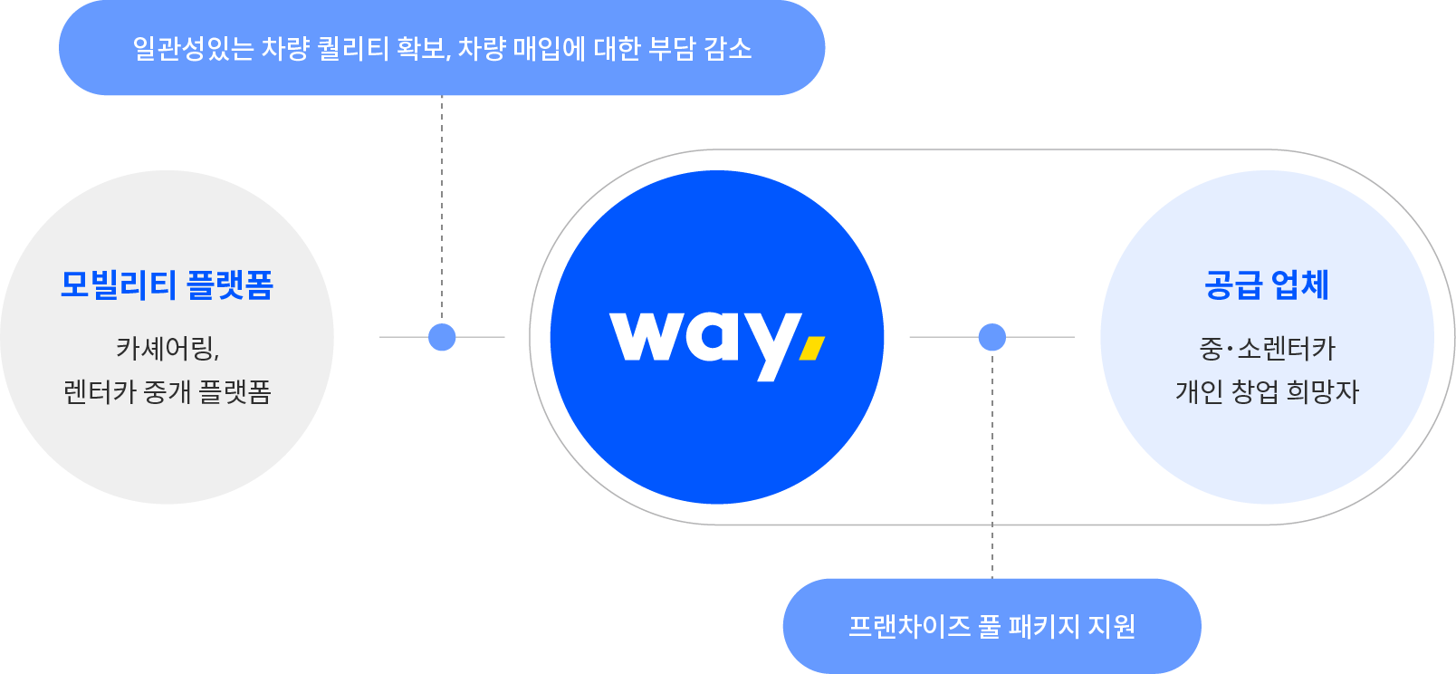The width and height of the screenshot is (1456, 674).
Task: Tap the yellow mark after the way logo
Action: (x=813, y=348)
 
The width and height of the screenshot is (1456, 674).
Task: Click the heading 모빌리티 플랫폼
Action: (x=168, y=285)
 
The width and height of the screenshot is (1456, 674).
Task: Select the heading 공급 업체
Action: (x=1267, y=285)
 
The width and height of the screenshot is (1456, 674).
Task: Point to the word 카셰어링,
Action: (x=168, y=348)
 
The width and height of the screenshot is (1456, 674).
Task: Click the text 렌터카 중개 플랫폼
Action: (x=168, y=392)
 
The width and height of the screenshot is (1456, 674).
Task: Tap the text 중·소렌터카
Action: (x=1267, y=348)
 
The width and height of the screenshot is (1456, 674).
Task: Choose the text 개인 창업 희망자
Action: (x=1267, y=392)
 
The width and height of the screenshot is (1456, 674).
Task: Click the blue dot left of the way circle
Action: (x=442, y=337)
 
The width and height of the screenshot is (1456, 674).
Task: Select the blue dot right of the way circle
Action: (x=992, y=337)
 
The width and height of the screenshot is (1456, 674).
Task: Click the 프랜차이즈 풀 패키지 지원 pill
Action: (x=991, y=626)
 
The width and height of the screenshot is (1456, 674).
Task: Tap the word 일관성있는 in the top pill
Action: (x=193, y=48)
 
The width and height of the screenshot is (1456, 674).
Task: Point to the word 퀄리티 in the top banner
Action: (x=354, y=48)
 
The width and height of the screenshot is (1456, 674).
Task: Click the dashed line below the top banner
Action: (x=442, y=208)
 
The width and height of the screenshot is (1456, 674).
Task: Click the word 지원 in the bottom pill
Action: (x=1111, y=626)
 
